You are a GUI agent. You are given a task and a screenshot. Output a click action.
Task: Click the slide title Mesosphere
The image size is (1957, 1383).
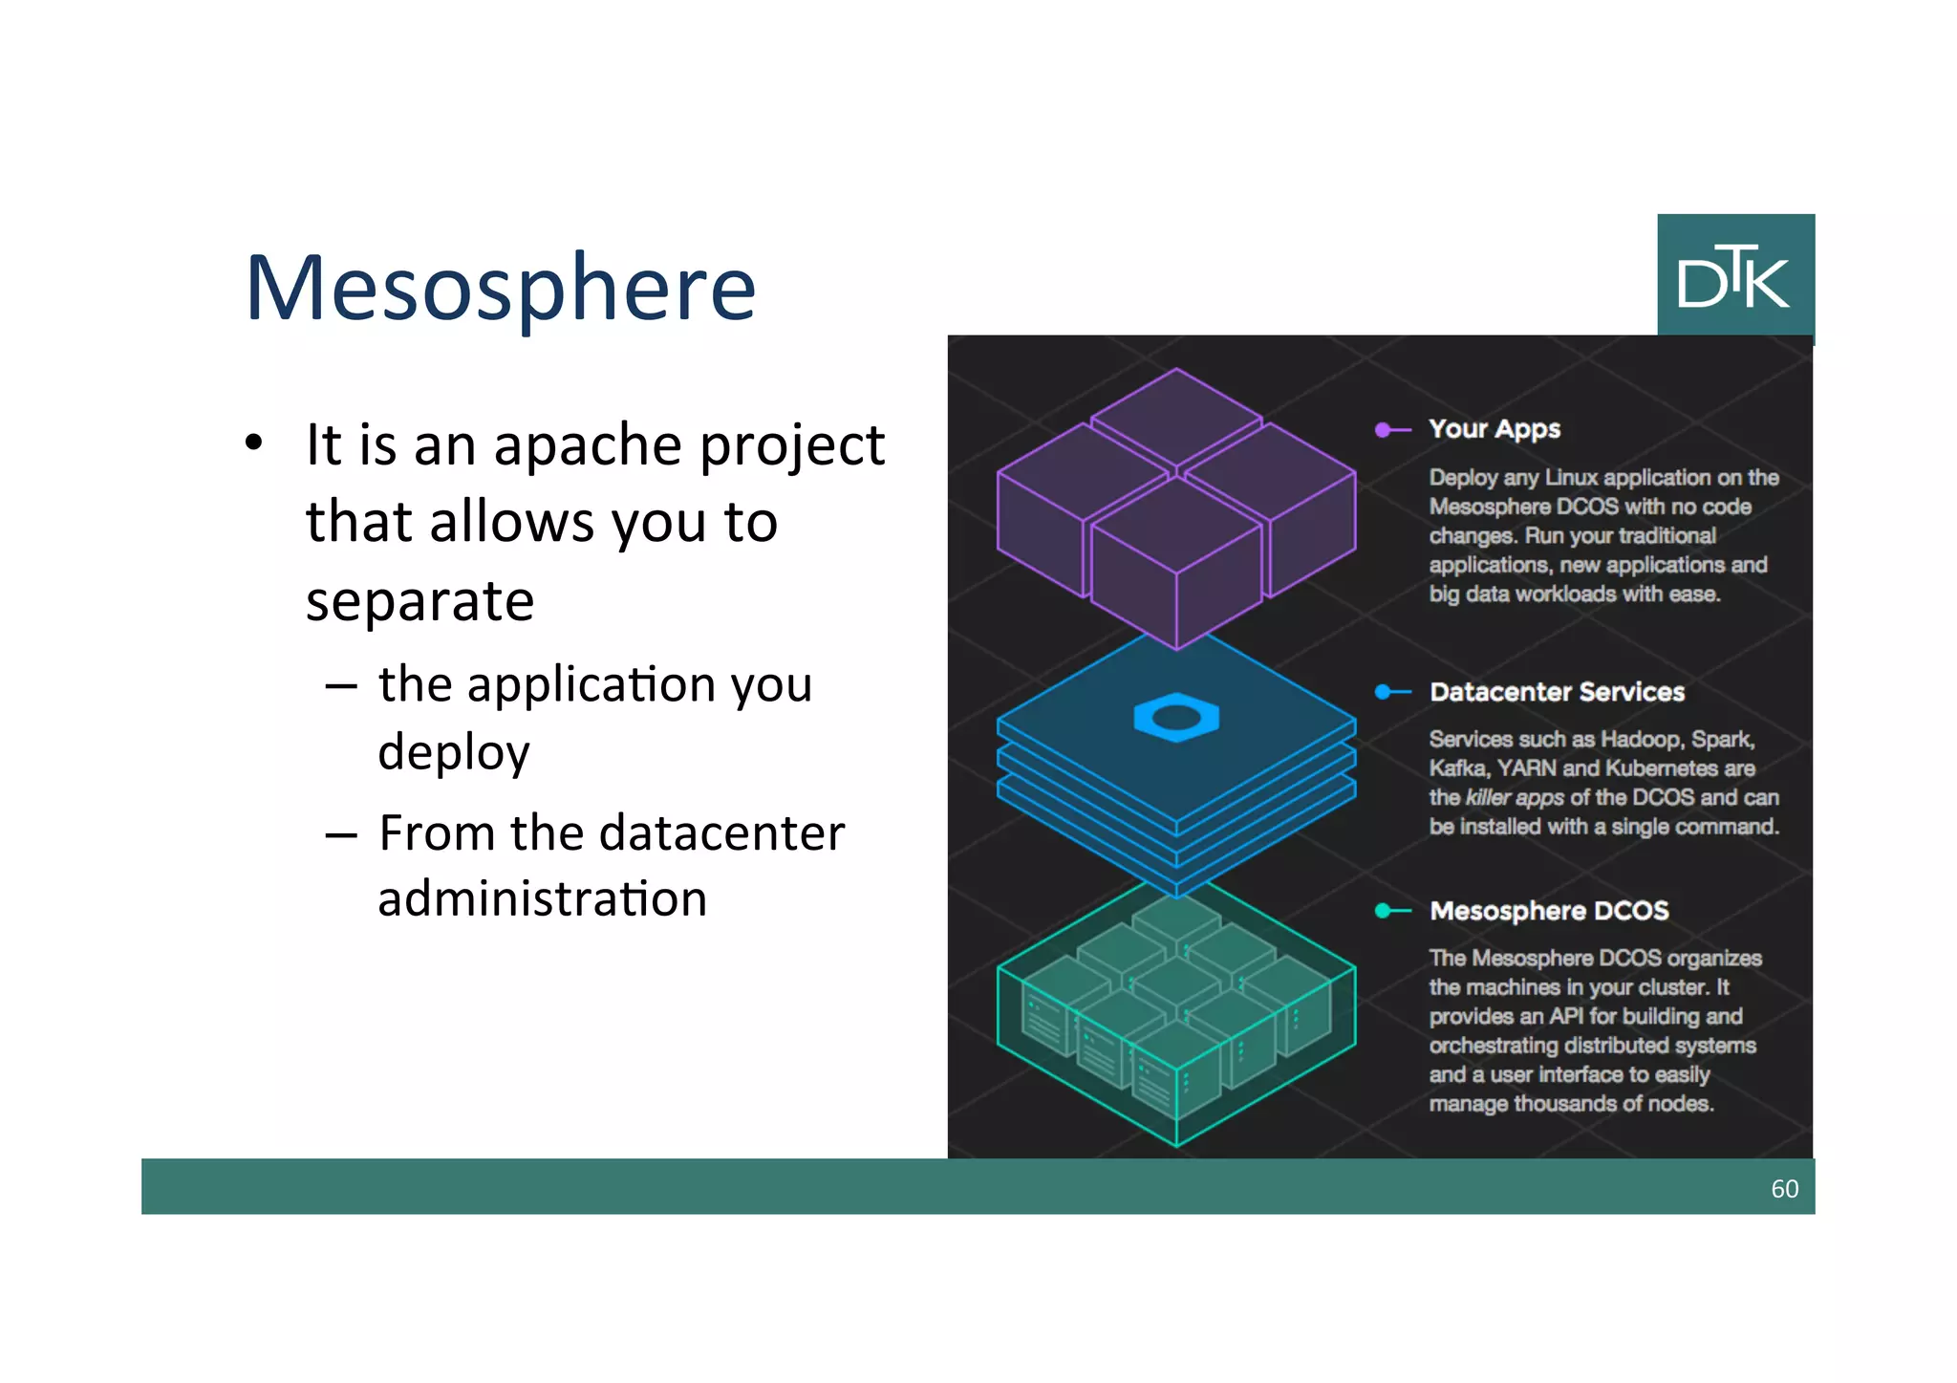500,287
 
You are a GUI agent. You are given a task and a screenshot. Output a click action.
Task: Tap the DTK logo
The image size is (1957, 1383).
1734,276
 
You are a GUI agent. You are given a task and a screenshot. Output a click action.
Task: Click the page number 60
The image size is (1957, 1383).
1784,1188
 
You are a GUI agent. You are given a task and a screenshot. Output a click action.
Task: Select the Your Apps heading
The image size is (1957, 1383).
1495,429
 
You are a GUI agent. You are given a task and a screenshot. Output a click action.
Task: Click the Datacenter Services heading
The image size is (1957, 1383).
1557,692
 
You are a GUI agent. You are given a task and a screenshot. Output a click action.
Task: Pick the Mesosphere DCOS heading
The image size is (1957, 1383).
1549,911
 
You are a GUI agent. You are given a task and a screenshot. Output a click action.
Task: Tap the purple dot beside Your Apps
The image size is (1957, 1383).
1383,430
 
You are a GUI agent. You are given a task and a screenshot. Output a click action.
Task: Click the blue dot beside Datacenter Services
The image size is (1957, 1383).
1383,692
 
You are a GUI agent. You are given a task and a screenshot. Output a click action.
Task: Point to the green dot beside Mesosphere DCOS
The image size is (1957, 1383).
1383,911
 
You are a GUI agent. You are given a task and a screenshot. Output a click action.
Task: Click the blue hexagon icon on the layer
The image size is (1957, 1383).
1176,718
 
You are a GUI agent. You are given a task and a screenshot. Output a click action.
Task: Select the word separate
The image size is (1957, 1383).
419,601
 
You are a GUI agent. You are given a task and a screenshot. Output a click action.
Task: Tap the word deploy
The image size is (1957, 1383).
454,754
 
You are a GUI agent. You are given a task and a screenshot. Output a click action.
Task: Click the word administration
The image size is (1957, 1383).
542,899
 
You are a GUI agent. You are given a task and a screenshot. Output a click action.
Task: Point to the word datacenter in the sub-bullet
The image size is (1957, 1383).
677,832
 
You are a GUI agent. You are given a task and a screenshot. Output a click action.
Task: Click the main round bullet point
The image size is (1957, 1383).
253,443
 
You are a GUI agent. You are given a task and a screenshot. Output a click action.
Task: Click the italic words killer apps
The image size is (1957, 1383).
1515,798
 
